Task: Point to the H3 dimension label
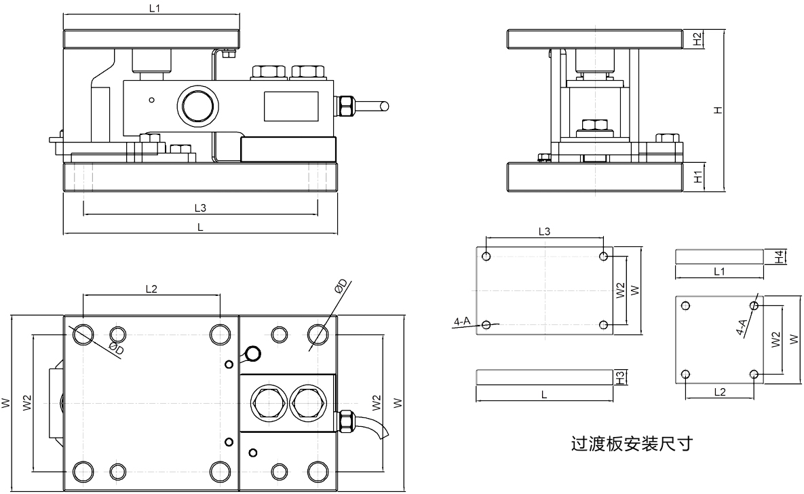click(619, 377)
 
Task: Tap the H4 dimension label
click(780, 257)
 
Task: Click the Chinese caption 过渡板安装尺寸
click(632, 445)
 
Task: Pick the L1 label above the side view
click(155, 8)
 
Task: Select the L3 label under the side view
click(199, 207)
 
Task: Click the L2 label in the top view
click(151, 289)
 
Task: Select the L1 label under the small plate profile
click(720, 271)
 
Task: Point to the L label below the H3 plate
click(545, 394)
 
